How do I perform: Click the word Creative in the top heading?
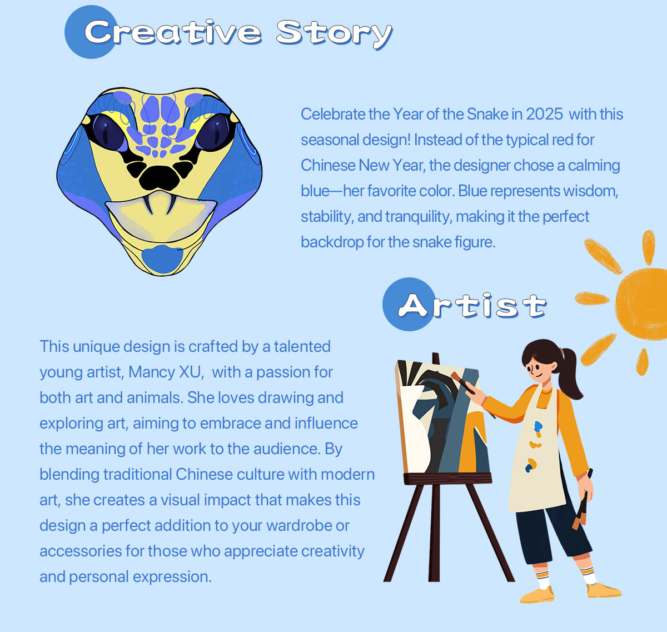(173, 32)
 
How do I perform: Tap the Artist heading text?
(472, 306)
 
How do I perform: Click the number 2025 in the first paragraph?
(544, 114)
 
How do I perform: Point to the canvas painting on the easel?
(443, 417)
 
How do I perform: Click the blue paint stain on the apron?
(538, 426)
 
